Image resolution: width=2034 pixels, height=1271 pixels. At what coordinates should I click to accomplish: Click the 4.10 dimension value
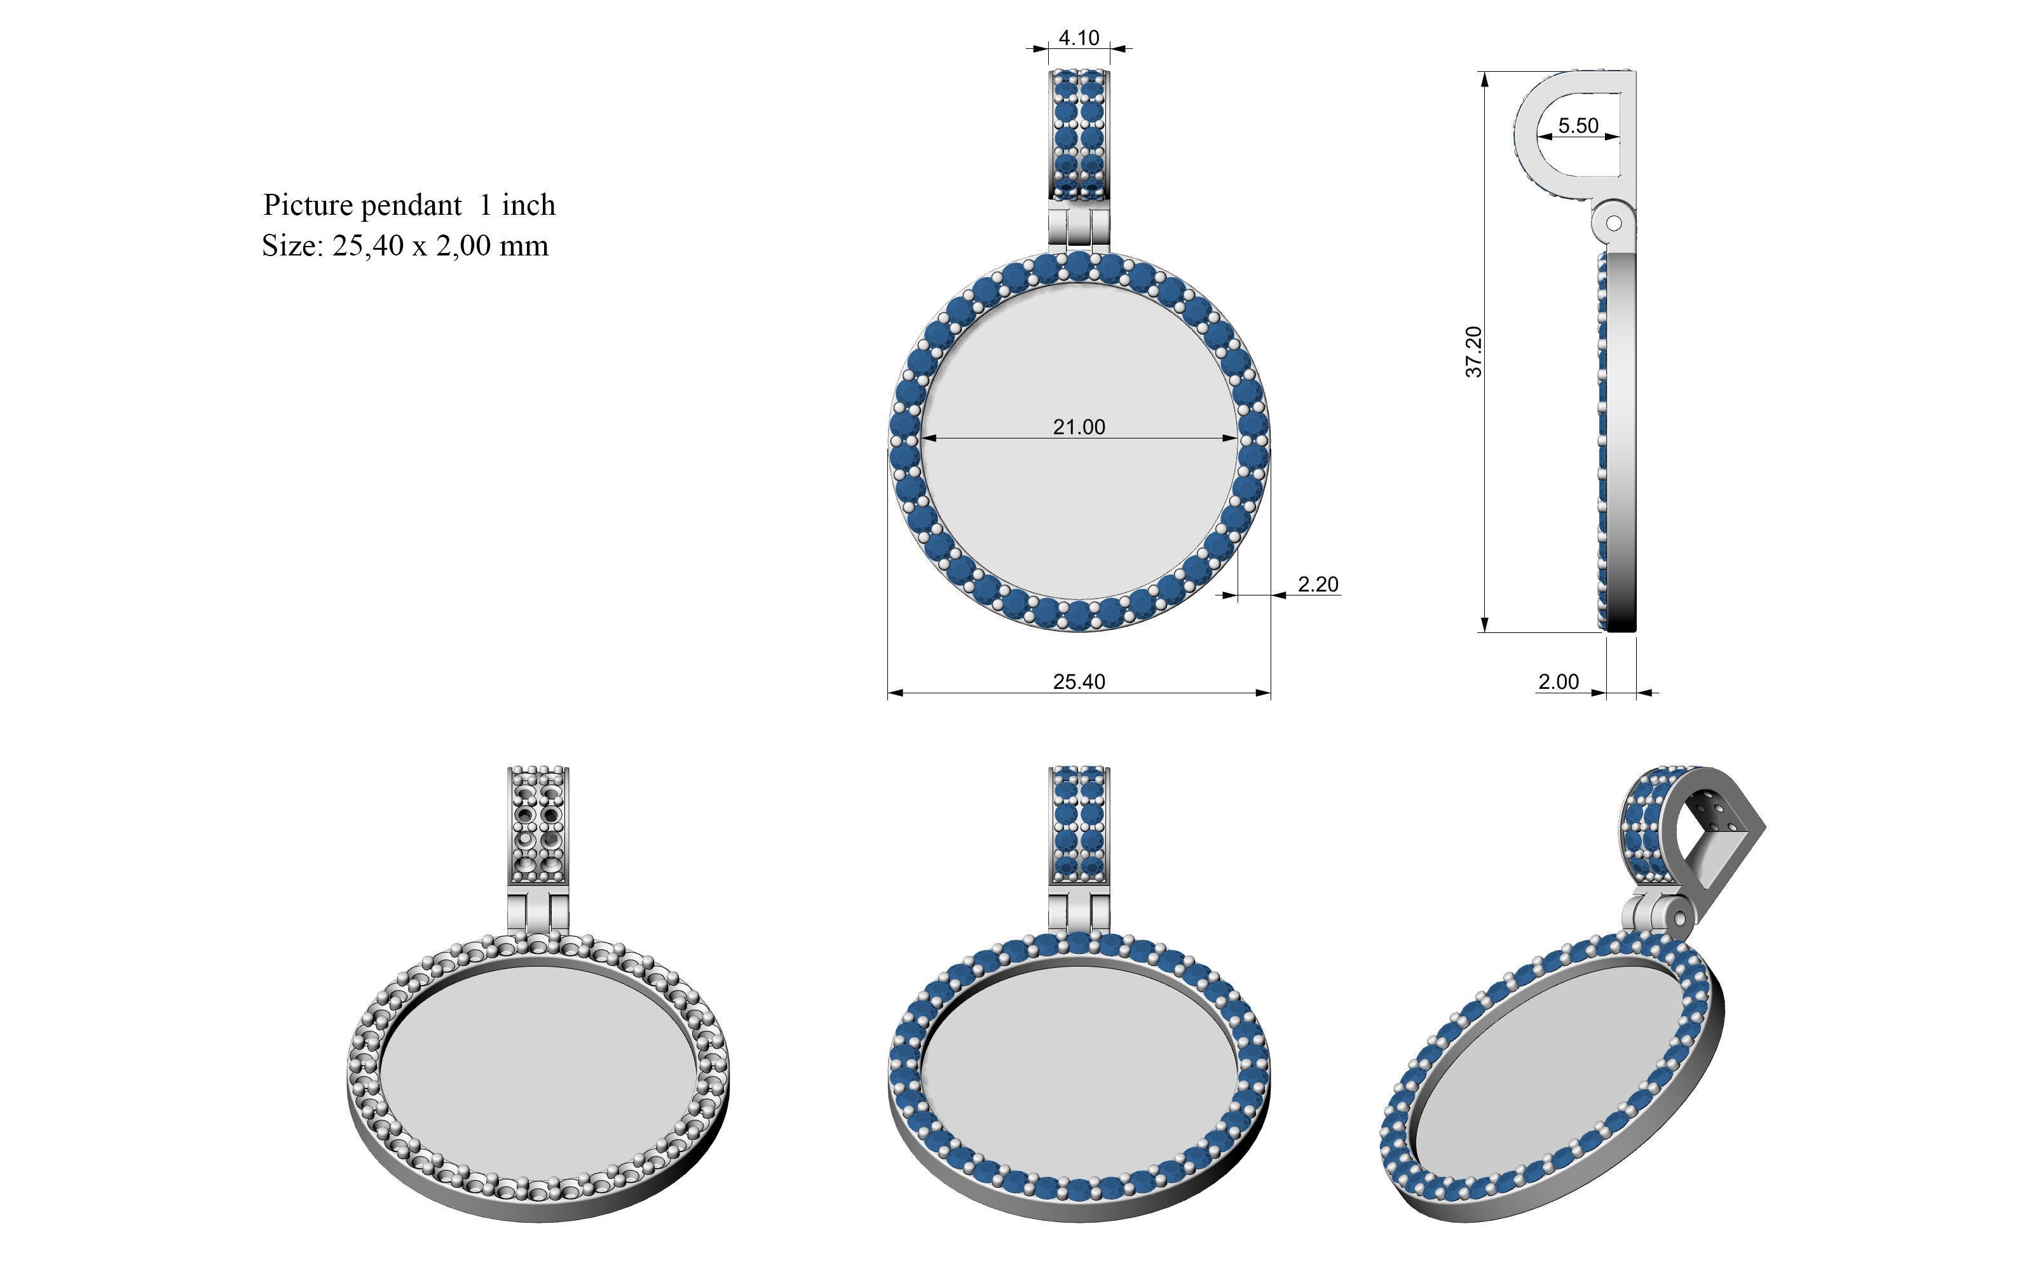pyautogui.click(x=1079, y=38)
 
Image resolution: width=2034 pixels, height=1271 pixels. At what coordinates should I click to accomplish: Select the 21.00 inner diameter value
pyautogui.click(x=1079, y=427)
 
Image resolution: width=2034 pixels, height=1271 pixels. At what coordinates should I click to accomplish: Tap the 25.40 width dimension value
pyautogui.click(x=1079, y=682)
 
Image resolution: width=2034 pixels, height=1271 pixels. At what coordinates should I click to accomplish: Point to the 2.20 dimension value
pyautogui.click(x=1318, y=584)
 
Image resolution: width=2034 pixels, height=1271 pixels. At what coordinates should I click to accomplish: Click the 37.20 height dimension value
pyautogui.click(x=1474, y=352)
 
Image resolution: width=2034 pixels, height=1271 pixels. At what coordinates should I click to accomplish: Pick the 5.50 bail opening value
pyautogui.click(x=1578, y=125)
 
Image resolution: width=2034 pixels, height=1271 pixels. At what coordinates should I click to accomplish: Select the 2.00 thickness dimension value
pyautogui.click(x=1559, y=682)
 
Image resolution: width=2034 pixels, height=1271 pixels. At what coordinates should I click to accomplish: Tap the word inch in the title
pyautogui.click(x=529, y=205)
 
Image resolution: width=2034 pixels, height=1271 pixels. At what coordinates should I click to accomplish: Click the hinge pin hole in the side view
pyautogui.click(x=1614, y=224)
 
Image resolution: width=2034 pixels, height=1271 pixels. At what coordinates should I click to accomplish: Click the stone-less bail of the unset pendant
pyautogui.click(x=539, y=824)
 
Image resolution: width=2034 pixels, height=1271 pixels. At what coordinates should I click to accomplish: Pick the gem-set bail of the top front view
pyautogui.click(x=1079, y=135)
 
